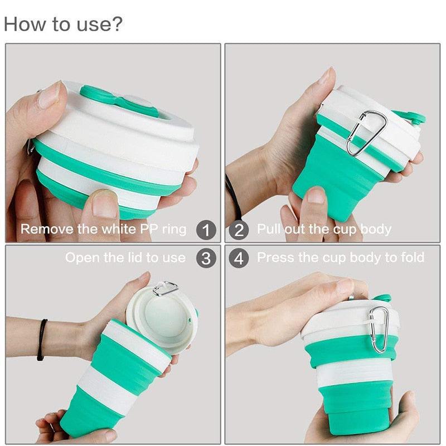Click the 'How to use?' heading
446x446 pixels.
(x=63, y=24)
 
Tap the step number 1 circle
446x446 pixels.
(x=206, y=230)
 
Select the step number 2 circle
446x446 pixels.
(x=239, y=230)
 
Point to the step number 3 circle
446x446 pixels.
(x=206, y=258)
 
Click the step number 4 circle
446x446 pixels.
(x=239, y=258)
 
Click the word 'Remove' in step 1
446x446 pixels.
(x=47, y=229)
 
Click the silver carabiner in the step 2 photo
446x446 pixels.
(x=366, y=133)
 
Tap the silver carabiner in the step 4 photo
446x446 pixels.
(x=379, y=329)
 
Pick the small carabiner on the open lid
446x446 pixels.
(x=165, y=288)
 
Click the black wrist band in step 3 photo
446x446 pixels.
(x=42, y=340)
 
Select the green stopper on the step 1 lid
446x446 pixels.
(x=119, y=101)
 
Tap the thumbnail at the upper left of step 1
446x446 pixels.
(x=49, y=95)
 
